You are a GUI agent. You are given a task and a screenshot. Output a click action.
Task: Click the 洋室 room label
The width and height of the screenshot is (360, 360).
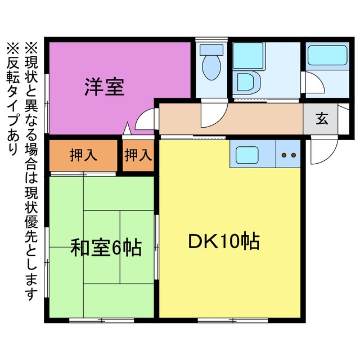[x=105, y=87]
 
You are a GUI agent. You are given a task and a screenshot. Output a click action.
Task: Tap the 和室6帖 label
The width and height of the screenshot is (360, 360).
[x=106, y=247]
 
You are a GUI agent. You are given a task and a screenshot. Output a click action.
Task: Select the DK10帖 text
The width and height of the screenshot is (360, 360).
[x=224, y=241]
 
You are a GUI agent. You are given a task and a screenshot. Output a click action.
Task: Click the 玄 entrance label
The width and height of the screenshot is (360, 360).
[x=322, y=119]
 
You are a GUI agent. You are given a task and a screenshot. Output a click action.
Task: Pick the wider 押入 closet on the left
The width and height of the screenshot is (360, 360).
[x=83, y=155]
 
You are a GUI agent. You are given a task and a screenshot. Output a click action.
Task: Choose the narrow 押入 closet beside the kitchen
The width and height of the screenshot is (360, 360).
[x=138, y=155]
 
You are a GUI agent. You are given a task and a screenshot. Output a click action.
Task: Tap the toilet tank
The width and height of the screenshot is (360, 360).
[x=211, y=50]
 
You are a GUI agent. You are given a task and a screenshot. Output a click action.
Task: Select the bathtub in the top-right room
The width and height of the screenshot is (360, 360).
[x=327, y=55]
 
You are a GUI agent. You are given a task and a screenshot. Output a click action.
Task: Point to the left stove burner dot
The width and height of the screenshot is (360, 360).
[x=284, y=155]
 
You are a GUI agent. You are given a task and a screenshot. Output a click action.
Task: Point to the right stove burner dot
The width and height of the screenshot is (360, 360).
[x=294, y=155]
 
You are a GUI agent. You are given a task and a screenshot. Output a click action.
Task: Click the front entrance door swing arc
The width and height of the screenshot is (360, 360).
[x=330, y=156]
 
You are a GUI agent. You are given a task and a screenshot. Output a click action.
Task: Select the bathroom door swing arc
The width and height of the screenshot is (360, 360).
[x=319, y=79]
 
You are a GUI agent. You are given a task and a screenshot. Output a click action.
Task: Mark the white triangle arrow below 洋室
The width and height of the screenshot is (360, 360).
[x=127, y=129]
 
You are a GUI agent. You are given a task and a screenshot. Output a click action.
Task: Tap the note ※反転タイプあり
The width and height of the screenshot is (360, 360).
[x=13, y=99]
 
